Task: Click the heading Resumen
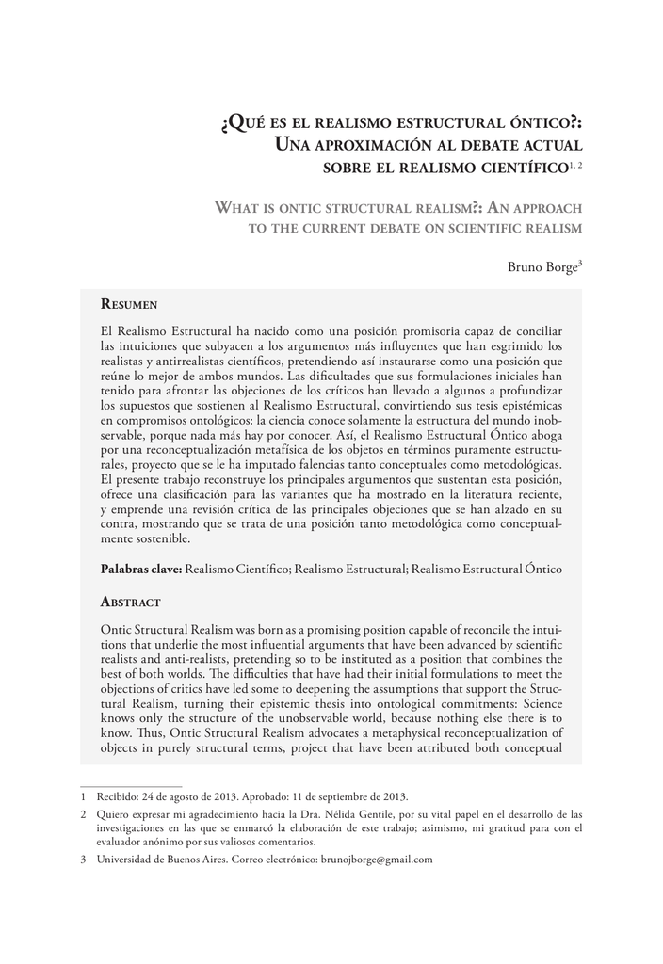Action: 128,305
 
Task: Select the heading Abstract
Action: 130,602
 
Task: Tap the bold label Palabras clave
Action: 141,570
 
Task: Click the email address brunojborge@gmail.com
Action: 376,859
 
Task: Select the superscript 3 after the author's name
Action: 580,263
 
